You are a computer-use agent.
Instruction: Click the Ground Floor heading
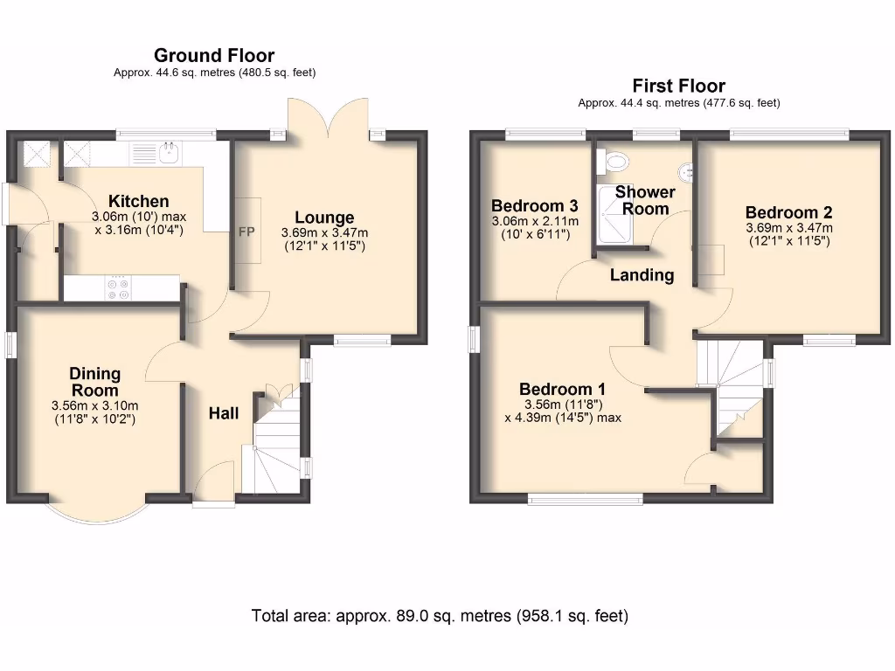(x=214, y=57)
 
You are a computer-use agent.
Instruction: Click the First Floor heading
(x=678, y=86)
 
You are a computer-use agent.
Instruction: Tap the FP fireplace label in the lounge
(x=246, y=233)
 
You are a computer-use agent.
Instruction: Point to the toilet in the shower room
(x=616, y=161)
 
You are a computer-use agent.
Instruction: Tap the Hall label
(x=223, y=413)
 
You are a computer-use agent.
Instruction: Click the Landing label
(x=642, y=275)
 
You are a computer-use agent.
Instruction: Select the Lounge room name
(x=324, y=218)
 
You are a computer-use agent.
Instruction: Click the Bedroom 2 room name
(x=788, y=211)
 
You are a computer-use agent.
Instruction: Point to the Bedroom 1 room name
(x=562, y=389)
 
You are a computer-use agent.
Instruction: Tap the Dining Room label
(x=94, y=382)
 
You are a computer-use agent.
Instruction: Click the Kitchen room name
(x=138, y=201)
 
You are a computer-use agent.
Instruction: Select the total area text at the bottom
(x=440, y=615)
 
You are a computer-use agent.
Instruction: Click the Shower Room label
(x=645, y=200)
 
